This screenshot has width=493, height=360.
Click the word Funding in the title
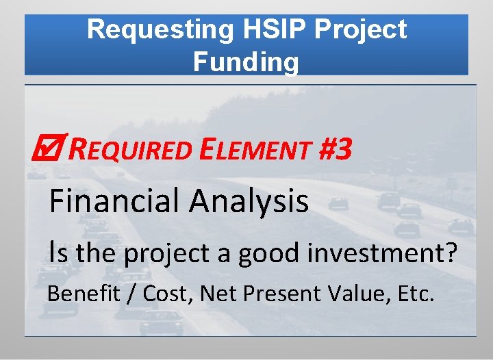point(246,62)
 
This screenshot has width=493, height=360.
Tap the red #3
point(336,149)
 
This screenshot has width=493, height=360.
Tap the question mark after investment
point(451,253)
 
